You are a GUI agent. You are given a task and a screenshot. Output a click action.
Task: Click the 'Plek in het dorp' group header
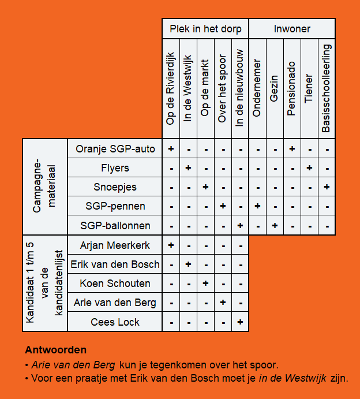click(x=205, y=29)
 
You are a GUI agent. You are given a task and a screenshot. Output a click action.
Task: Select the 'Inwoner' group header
click(x=292, y=29)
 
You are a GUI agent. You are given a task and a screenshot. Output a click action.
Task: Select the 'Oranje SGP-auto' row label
click(x=115, y=149)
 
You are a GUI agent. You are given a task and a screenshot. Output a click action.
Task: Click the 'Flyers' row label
click(x=115, y=168)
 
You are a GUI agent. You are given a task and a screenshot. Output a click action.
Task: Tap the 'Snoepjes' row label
click(x=115, y=187)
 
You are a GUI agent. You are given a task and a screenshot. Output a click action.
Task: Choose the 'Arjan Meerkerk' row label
click(x=115, y=245)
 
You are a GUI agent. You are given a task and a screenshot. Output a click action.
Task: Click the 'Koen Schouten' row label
click(x=115, y=284)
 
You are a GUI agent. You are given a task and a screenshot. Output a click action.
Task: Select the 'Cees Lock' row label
click(x=115, y=322)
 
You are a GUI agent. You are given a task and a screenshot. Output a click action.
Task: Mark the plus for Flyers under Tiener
click(x=309, y=168)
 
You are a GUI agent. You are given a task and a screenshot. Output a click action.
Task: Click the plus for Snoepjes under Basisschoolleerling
click(x=327, y=187)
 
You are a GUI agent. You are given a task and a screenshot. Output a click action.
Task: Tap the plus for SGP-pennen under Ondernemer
click(x=257, y=206)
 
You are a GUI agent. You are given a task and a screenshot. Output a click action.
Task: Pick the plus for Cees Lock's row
click(x=240, y=322)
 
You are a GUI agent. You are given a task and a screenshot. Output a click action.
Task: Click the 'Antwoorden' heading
click(x=56, y=350)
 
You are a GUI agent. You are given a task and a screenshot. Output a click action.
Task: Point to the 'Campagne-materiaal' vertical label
click(x=45, y=187)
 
